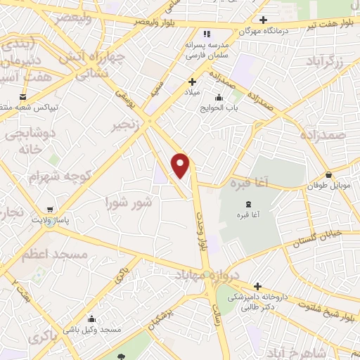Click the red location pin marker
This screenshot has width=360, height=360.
click(181, 165)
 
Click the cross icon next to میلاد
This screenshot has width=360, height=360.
click(193, 82)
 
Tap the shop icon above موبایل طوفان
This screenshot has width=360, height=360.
click(328, 174)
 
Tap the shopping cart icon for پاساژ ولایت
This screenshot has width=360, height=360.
click(50, 210)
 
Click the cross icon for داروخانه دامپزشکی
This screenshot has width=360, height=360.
click(257, 286)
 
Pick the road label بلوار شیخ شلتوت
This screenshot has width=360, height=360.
click(328, 307)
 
